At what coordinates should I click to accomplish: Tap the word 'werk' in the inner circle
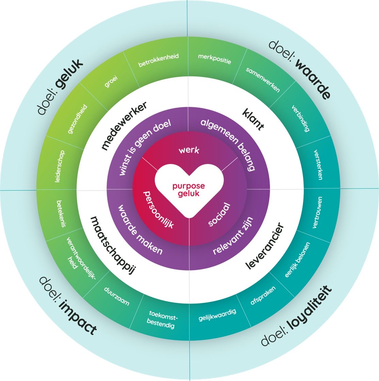pos(189,150)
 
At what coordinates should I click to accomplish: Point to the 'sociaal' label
pos(219,215)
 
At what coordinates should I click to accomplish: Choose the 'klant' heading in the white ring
pos(253,119)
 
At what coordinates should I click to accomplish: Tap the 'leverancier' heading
pos(264,246)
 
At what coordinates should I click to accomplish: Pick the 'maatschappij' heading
pos(113,245)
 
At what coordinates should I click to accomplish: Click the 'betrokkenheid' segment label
pos(159,60)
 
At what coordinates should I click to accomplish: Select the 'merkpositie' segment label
pos(215,59)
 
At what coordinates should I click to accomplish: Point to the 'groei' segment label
pos(111,81)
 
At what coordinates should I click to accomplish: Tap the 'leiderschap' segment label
pos(60,166)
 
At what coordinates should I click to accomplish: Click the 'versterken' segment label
pos(318,165)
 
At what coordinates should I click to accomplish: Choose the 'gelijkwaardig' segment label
pos(217,315)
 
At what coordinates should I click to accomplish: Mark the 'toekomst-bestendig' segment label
pos(162,319)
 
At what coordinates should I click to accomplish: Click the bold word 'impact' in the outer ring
pos(78,317)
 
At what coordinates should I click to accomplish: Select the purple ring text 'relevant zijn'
pos(233,236)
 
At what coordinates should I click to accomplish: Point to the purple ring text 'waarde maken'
pos(140,229)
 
